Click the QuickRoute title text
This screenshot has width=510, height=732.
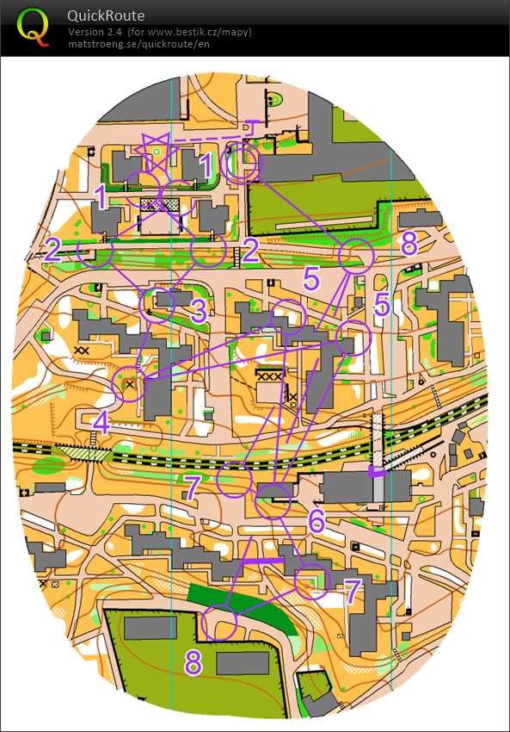(106, 16)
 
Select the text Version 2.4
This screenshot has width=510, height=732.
(95, 32)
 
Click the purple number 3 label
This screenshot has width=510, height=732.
(199, 311)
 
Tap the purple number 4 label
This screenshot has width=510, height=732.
(101, 423)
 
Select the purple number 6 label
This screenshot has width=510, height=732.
(317, 520)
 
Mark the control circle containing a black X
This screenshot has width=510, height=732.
(129, 384)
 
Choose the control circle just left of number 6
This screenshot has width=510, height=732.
(273, 500)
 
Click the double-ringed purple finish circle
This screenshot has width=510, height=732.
(241, 164)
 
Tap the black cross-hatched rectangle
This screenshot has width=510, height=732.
(161, 205)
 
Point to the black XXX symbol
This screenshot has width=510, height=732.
(270, 377)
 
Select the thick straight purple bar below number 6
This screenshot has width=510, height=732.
(262, 561)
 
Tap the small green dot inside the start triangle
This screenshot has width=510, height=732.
(157, 152)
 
